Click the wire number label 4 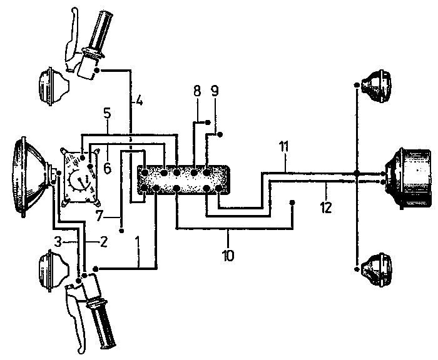coord(140,99)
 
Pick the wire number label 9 coord(215,90)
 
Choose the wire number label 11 coord(283,148)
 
